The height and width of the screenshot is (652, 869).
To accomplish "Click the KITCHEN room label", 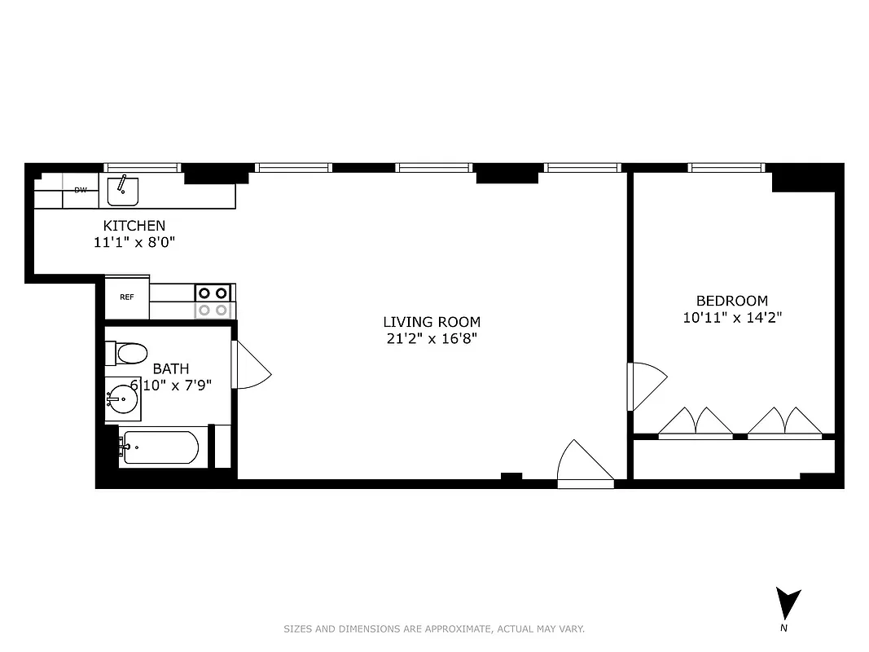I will pos(134,226).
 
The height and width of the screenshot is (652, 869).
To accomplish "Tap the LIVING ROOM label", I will pos(432,322).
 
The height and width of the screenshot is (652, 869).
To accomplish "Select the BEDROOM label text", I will pos(731,301).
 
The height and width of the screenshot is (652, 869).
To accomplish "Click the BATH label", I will pos(171,369).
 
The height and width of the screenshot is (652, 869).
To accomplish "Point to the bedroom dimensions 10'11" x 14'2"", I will pos(732,318).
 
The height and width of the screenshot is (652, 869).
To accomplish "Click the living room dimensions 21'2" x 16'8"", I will pos(432,338).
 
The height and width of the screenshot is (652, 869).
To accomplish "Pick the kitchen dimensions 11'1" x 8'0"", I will pos(134,242).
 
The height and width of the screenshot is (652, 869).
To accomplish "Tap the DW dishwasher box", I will pos(81,190).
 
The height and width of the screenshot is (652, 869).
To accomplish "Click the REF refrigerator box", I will pos(127,297).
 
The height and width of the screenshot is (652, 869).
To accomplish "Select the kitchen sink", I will pos(123,190).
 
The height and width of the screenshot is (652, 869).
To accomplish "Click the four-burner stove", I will pos(213,302).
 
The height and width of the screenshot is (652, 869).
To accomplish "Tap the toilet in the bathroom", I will pos(127,353).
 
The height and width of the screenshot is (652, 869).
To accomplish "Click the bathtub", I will pos(160,447).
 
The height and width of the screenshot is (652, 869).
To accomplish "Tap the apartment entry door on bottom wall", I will pos(585,465).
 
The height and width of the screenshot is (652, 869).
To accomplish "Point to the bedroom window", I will pos(726,168).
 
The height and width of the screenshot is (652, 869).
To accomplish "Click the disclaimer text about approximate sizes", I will pos(434,628).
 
